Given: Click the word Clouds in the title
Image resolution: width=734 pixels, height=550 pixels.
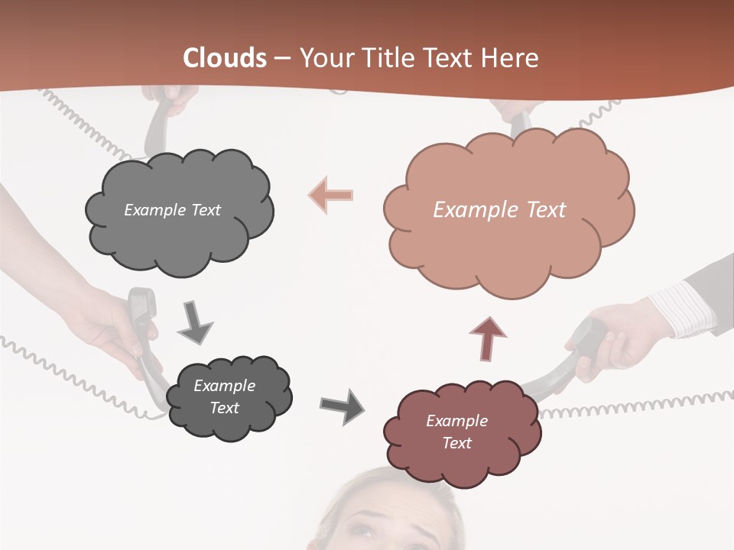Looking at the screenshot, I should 225,58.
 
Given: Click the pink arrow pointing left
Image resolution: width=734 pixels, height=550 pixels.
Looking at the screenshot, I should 331,195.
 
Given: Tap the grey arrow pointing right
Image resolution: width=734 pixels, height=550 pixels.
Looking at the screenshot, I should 343,406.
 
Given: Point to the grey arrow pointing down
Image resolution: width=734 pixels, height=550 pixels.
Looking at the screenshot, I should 194,322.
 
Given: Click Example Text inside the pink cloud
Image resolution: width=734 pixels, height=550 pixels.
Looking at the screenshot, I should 499,210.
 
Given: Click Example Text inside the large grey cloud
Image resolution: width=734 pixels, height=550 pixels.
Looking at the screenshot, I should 172,210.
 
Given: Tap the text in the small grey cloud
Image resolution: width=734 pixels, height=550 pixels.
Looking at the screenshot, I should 224,396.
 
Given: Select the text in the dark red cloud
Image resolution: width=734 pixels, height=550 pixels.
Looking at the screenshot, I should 456,432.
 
